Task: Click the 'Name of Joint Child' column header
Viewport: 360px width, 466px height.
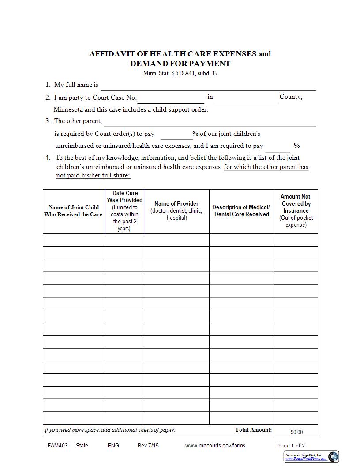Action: coord(74,211)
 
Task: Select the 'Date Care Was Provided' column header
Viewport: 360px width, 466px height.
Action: coord(125,211)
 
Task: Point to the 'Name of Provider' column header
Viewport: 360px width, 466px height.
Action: coord(176,210)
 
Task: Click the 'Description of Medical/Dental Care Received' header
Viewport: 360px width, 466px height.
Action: coord(241,210)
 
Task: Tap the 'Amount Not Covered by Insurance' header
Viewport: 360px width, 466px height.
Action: coord(296,210)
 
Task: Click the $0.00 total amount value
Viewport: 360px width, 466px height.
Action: coord(296,432)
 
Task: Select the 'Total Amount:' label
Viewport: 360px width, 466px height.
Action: coord(254,430)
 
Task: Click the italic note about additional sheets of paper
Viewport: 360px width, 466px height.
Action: coord(110,430)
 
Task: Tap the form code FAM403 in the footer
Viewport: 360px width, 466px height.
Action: coord(57,445)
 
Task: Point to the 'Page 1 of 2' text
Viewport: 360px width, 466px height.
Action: coord(291,446)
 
